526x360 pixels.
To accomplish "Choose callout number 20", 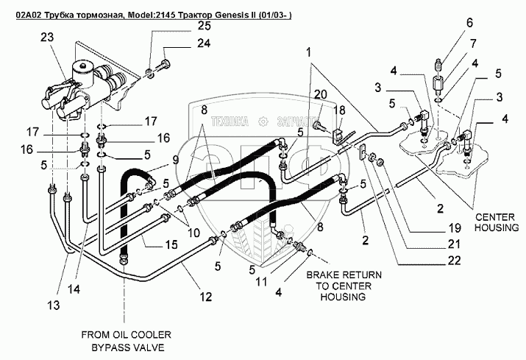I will coord(319,93).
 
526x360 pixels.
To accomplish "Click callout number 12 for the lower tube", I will coord(207,297).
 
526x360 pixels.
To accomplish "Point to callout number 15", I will coord(169,244).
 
